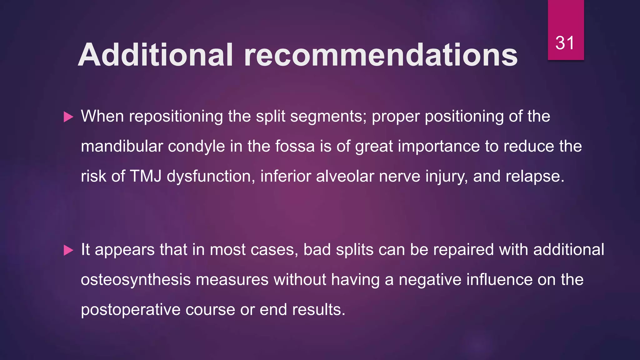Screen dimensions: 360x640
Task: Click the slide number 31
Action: coord(565,43)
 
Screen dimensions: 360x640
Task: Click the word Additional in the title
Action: coord(156,55)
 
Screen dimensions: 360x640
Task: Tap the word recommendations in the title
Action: coord(381,55)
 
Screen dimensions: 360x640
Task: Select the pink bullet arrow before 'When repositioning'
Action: coord(68,117)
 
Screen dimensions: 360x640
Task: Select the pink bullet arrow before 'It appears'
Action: coord(68,250)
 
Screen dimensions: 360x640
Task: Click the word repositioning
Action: coord(176,117)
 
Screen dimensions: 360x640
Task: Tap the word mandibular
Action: coord(122,146)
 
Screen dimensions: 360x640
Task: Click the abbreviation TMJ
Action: coord(146,176)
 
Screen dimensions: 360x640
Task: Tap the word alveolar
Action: coord(345,176)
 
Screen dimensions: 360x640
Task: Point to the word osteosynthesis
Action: coord(136,280)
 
